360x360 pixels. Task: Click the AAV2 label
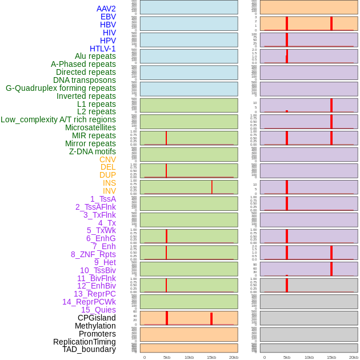[x=106, y=9]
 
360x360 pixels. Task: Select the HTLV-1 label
[x=102, y=49]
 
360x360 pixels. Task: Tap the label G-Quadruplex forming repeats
[x=61, y=88]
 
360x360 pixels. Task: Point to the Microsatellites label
[x=90, y=127]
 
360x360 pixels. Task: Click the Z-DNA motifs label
[x=93, y=151]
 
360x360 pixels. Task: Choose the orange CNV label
[x=107, y=159]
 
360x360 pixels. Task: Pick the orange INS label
[x=109, y=183]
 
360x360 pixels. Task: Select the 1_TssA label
[x=103, y=199]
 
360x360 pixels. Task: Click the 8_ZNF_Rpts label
[x=93, y=254]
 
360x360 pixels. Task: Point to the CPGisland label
[x=97, y=318]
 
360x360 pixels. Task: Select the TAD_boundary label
[x=89, y=349]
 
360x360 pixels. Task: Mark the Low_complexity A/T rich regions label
[x=58, y=119]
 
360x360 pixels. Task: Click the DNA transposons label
[x=85, y=80]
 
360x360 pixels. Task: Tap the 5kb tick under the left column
[x=166, y=357]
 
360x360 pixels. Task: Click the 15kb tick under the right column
[x=331, y=357]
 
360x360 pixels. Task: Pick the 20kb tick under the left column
[x=233, y=357]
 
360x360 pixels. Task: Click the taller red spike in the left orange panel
[x=166, y=318]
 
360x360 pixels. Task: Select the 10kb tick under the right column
[x=309, y=357]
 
